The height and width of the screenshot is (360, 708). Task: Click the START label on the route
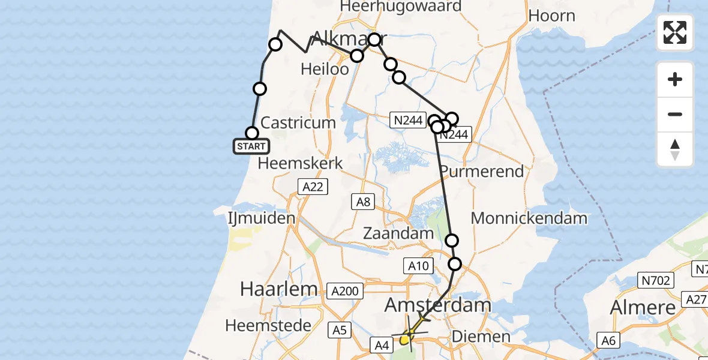pyautogui.click(x=251, y=146)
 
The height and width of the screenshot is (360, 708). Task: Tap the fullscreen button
pyautogui.click(x=675, y=32)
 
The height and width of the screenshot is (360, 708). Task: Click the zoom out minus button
pyautogui.click(x=675, y=114)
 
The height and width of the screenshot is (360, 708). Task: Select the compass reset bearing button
pyautogui.click(x=675, y=149)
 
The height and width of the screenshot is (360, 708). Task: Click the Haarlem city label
pyautogui.click(x=278, y=289)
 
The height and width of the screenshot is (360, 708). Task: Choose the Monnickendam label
pyautogui.click(x=529, y=218)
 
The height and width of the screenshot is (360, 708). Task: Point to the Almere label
pyautogui.click(x=643, y=308)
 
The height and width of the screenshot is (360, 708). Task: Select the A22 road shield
pyautogui.click(x=313, y=187)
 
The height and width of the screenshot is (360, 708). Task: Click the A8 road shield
pyautogui.click(x=363, y=202)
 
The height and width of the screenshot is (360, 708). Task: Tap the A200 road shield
pyautogui.click(x=346, y=292)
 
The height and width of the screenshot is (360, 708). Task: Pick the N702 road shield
pyautogui.click(x=657, y=280)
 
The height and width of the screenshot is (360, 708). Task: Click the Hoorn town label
pyautogui.click(x=552, y=16)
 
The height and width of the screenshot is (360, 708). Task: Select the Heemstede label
pyautogui.click(x=268, y=326)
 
